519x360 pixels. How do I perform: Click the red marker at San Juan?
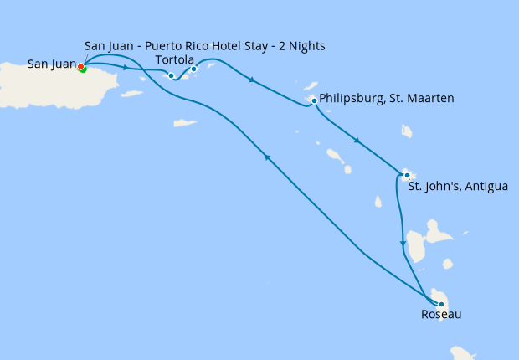[80, 66]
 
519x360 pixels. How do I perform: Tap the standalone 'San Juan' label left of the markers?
[51, 63]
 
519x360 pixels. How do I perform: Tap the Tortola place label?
[175, 60]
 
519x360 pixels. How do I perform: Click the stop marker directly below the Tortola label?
[193, 69]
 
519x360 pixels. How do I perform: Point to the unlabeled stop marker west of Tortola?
[172, 76]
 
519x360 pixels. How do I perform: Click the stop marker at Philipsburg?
[314, 101]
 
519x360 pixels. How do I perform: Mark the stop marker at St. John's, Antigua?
[407, 175]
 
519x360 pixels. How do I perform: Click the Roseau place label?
[441, 315]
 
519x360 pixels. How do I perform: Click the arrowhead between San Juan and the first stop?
[126, 68]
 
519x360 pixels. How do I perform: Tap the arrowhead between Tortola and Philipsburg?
[252, 80]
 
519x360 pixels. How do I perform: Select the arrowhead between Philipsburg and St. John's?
[357, 140]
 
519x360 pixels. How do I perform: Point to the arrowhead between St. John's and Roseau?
[403, 243]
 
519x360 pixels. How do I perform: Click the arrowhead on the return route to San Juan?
[267, 157]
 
